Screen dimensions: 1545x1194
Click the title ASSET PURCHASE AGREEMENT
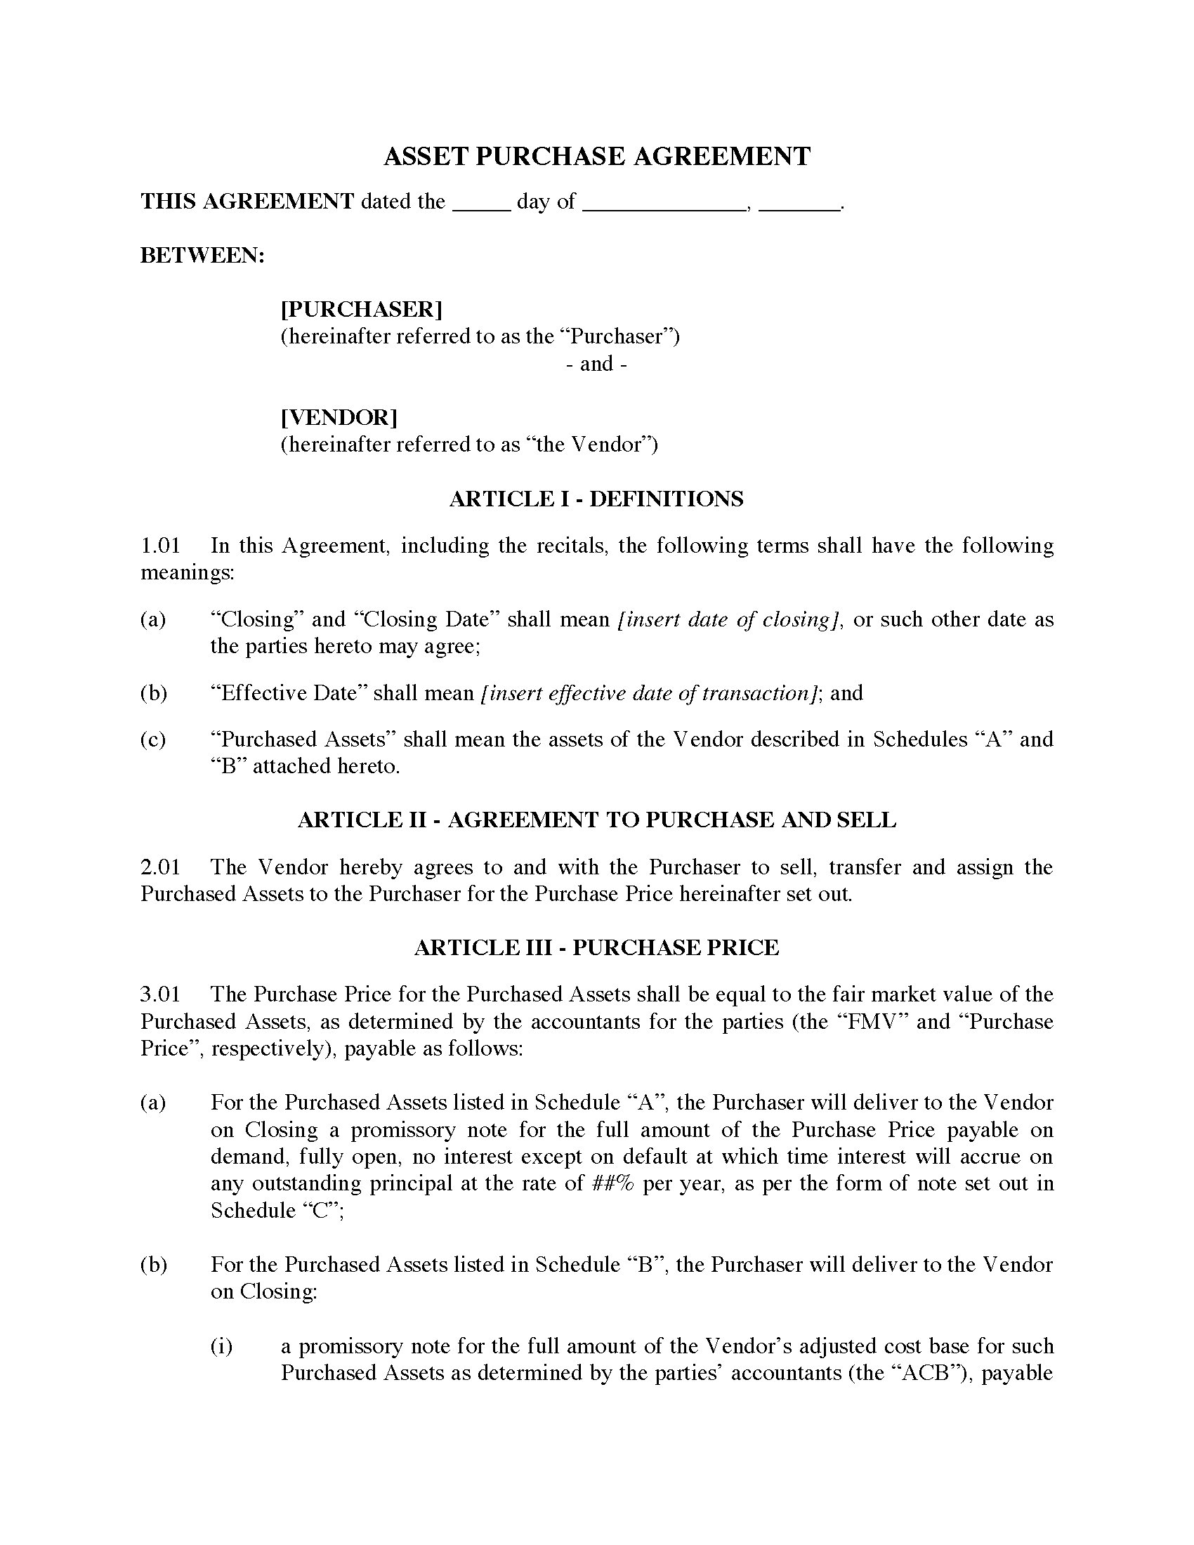(596, 157)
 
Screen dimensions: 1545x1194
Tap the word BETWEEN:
(202, 256)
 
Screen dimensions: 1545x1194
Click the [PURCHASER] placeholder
(362, 309)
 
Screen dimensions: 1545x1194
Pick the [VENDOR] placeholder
(339, 417)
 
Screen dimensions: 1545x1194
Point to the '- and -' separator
(596, 364)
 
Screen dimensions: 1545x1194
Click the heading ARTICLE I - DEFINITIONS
(596, 499)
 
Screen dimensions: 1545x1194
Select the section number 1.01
(161, 546)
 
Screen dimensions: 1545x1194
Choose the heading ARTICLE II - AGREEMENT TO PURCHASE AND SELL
(596, 820)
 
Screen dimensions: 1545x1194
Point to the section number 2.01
(161, 867)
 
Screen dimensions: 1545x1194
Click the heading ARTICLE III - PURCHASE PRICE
(596, 947)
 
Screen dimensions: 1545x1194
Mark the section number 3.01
(161, 994)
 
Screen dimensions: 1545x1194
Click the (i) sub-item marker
(221, 1346)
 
